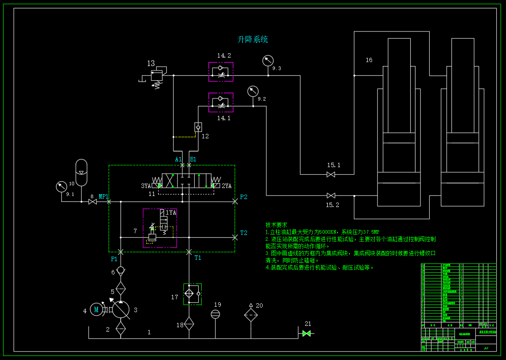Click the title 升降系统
click(253, 39)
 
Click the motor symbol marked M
click(96, 309)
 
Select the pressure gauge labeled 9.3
click(268, 61)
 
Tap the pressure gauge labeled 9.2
click(253, 91)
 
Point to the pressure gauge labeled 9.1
click(61, 187)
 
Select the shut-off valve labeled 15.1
click(331, 175)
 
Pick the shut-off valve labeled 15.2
click(331, 196)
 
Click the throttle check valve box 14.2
click(221, 72)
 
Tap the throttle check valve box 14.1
click(221, 102)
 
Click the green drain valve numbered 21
click(306, 333)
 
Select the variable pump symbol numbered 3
click(121, 309)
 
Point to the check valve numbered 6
click(121, 270)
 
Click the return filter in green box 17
click(192, 294)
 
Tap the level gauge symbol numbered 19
click(215, 314)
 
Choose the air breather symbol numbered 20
click(251, 314)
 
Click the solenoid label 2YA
click(227, 186)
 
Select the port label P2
click(244, 197)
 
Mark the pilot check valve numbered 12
click(198, 126)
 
